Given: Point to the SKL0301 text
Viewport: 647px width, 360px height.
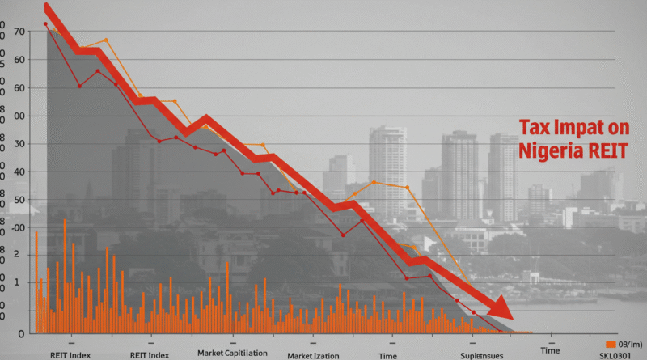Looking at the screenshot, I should [617, 354].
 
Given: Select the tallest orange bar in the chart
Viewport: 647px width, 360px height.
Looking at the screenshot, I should [64, 275].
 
